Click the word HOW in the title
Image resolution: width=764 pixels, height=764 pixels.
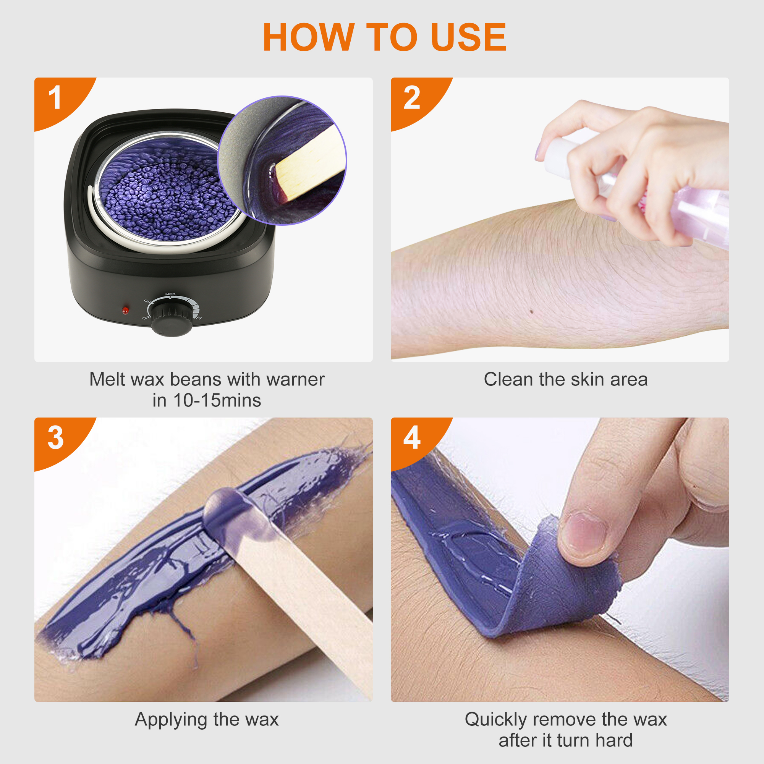(x=308, y=37)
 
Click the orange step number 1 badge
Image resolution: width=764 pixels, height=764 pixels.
(x=55, y=98)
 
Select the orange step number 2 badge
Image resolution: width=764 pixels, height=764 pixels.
(x=412, y=98)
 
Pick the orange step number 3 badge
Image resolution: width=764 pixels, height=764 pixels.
(x=55, y=438)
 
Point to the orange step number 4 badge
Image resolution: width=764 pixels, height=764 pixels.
(x=412, y=438)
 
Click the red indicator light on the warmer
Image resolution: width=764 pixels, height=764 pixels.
(x=125, y=311)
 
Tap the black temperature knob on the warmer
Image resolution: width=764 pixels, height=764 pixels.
(x=172, y=318)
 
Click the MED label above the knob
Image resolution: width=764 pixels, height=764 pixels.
(x=170, y=294)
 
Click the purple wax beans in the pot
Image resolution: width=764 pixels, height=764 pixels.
(x=166, y=194)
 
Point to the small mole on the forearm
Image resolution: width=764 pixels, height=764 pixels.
(x=531, y=312)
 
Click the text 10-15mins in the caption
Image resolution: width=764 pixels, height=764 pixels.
(x=217, y=401)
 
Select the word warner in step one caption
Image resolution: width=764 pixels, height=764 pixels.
(x=295, y=380)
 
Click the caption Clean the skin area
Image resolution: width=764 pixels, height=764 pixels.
(x=565, y=380)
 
